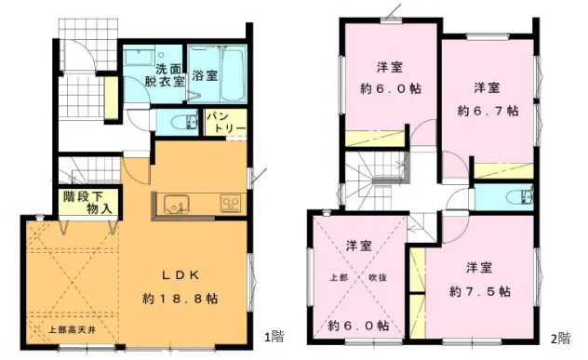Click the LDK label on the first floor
pyautogui.click(x=180, y=275)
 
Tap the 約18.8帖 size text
pyautogui.click(x=180, y=299)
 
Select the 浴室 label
pyautogui.click(x=205, y=75)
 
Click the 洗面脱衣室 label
pyautogui.click(x=165, y=75)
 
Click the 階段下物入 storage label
pyautogui.click(x=87, y=203)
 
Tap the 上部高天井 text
pyautogui.click(x=73, y=330)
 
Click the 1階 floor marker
pyautogui.click(x=274, y=337)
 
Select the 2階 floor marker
pyautogui.click(x=561, y=339)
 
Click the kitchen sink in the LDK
pyautogui.click(x=176, y=205)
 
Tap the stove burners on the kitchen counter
pyautogui.click(x=230, y=205)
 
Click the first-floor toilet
pyautogui.click(x=184, y=122)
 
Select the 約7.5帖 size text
pyautogui.click(x=480, y=291)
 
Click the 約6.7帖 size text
pyautogui.click(x=488, y=111)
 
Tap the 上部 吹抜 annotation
pyautogui.click(x=358, y=278)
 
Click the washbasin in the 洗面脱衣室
pyautogui.click(x=140, y=58)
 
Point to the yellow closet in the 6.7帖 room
pyautogui.click(x=504, y=171)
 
